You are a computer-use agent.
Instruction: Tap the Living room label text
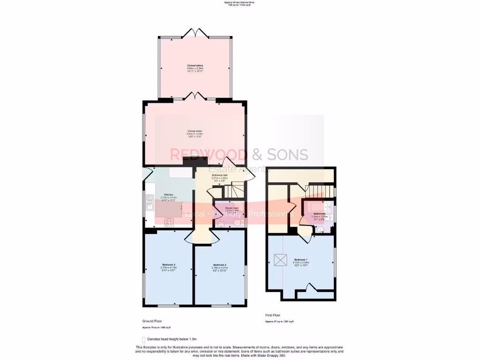[x=195, y=131]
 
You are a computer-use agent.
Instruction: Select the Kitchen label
[x=168, y=195]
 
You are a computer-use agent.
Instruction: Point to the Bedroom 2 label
[x=219, y=265]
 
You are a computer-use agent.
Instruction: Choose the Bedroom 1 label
[x=301, y=259]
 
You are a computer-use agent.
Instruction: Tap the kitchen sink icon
[x=150, y=204]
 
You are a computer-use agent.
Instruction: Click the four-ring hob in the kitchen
[x=168, y=223]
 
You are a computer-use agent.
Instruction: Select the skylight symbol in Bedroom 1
[x=280, y=259]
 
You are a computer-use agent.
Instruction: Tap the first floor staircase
[x=322, y=191]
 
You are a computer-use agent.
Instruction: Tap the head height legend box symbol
[x=143, y=339]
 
